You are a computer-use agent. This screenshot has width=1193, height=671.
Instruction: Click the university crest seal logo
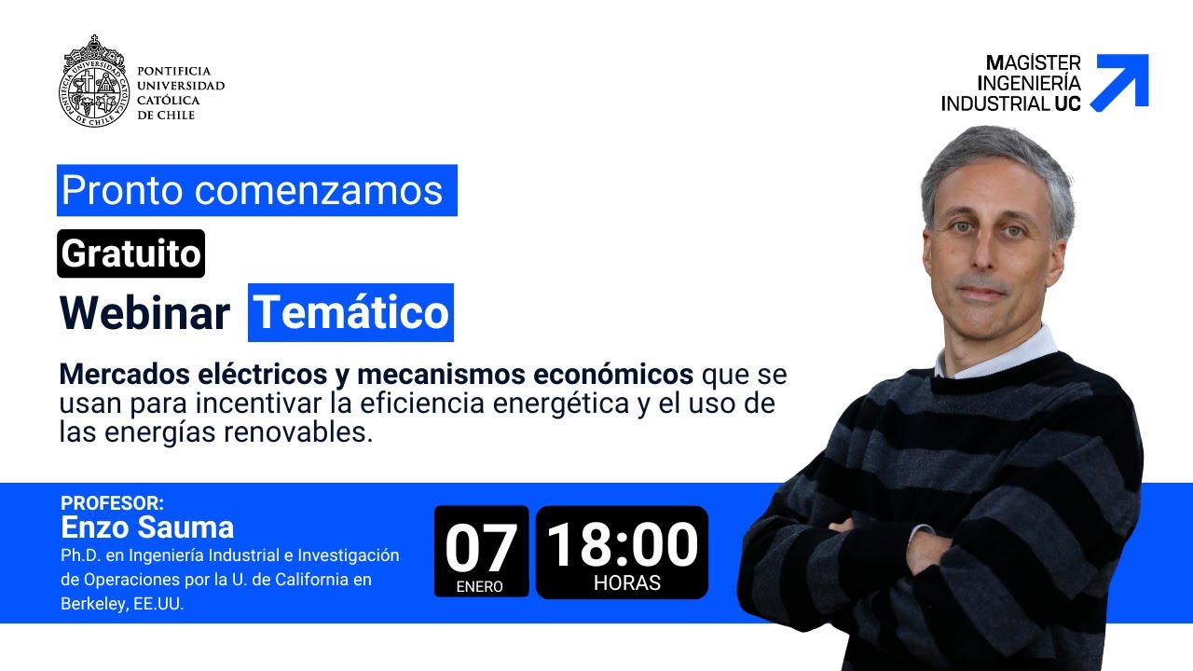(x=93, y=81)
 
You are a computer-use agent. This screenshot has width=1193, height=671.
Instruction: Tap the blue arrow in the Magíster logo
(x=1122, y=82)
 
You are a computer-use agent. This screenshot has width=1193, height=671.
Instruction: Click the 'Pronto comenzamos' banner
(x=256, y=190)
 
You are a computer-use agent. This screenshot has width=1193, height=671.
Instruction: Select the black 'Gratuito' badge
(x=130, y=253)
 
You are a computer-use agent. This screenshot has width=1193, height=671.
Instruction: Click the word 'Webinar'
(x=144, y=313)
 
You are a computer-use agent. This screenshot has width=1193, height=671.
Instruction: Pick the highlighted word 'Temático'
(x=350, y=313)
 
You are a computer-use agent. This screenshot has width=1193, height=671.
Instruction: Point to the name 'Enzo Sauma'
(x=147, y=527)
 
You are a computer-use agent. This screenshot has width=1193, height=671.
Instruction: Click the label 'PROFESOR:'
(x=112, y=503)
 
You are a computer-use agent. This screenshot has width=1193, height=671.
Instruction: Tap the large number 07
(x=481, y=548)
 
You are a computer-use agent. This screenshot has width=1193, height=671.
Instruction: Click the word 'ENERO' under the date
(x=480, y=587)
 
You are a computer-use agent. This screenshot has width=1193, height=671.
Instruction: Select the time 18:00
(x=622, y=544)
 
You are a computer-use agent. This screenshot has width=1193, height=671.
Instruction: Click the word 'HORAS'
(x=627, y=583)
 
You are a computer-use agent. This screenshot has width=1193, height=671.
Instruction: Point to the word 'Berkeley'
(x=92, y=604)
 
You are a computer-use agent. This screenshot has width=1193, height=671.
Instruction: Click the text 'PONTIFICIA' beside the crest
(x=174, y=71)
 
